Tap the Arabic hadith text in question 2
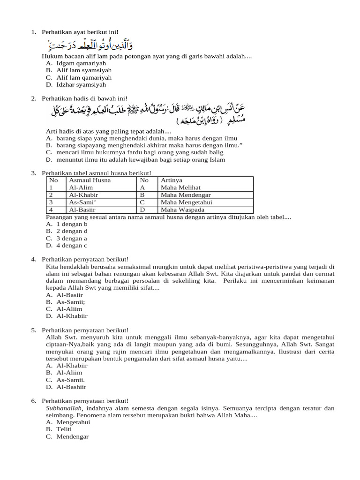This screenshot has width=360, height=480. point(148,114)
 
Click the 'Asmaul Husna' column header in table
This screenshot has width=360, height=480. point(90,180)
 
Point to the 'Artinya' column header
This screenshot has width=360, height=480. point(172,180)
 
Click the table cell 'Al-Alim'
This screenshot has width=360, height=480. point(81,187)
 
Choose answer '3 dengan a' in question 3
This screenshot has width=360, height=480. point(72,238)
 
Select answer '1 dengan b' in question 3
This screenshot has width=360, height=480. point(72,224)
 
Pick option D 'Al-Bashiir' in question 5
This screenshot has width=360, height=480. point(71,387)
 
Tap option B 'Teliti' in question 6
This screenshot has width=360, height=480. point(64,429)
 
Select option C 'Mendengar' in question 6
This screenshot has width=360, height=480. point(73,437)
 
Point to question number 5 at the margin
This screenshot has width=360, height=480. point(34,330)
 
